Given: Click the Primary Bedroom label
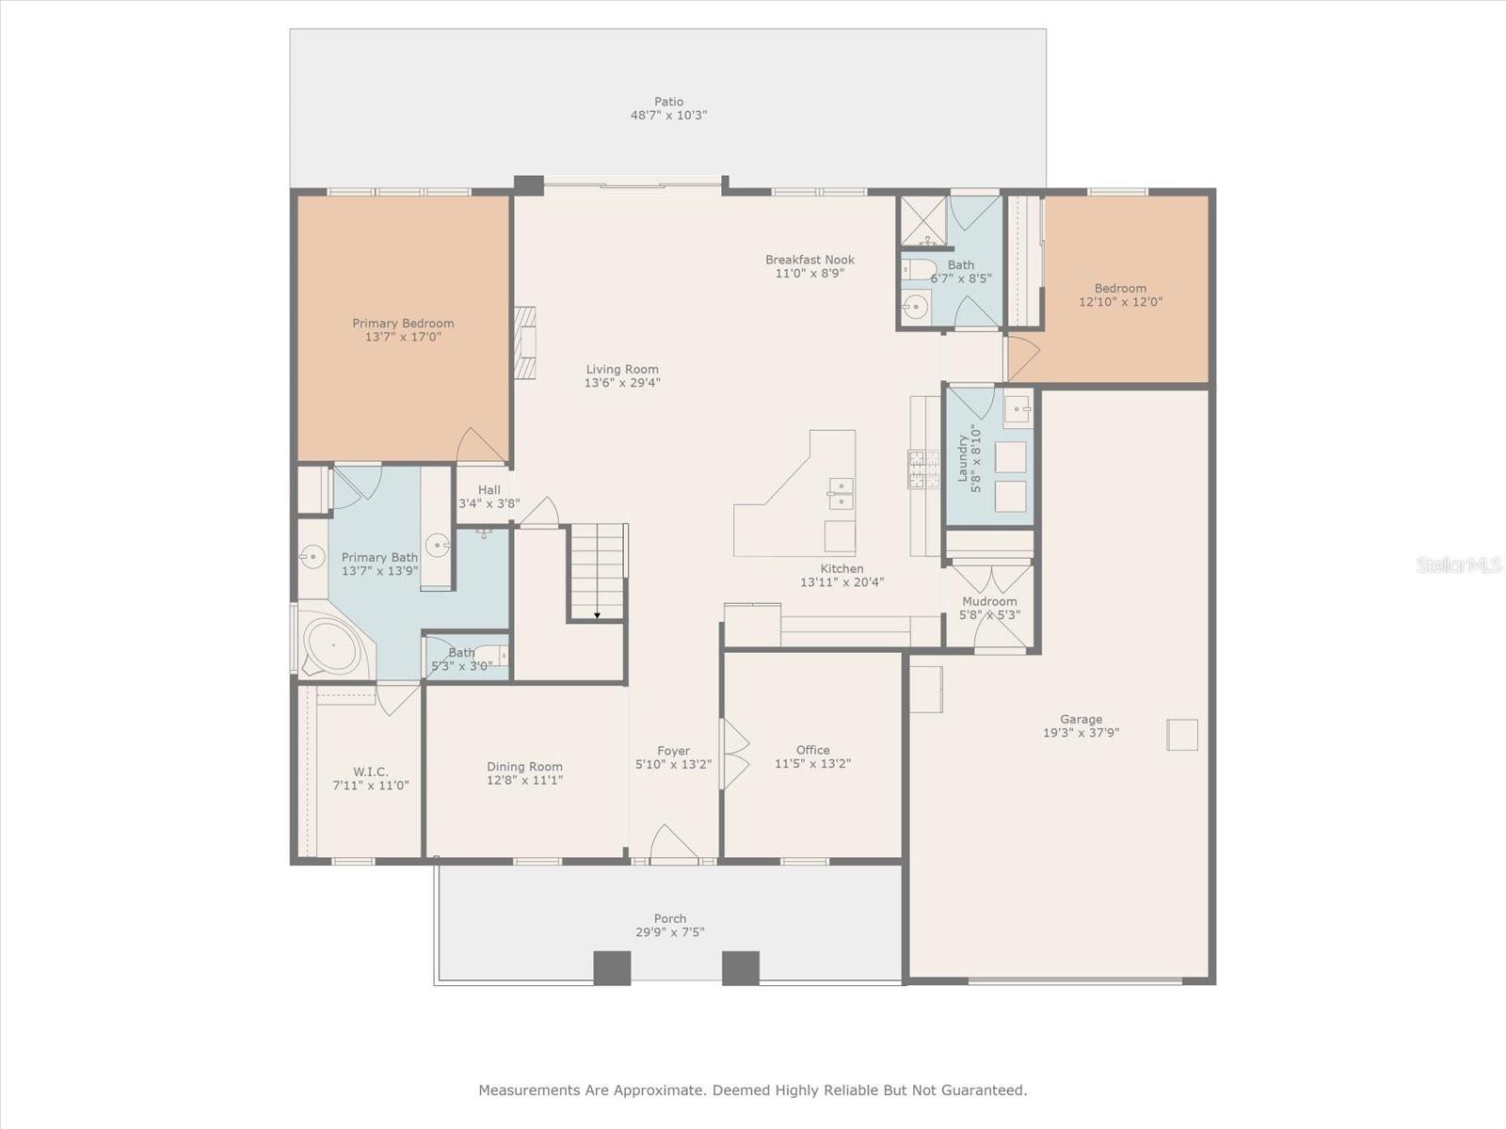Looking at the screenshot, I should (403, 323).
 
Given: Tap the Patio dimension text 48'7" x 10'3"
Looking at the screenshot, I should (668, 116).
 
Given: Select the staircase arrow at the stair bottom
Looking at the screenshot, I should (597, 615).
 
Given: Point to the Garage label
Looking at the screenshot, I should (1081, 719).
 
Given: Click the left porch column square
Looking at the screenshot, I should (612, 968).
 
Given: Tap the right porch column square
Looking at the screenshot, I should (741, 968).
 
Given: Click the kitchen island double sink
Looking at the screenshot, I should (841, 493).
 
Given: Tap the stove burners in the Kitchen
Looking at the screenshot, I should (923, 469).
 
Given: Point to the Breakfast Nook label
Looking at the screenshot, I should (809, 260).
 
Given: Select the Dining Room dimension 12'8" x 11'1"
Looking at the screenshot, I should (524, 780).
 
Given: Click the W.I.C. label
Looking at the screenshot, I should (370, 771).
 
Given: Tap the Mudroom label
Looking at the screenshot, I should (989, 601).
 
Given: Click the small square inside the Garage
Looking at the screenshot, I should (1182, 734).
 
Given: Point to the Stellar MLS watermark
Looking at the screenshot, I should (1459, 564).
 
